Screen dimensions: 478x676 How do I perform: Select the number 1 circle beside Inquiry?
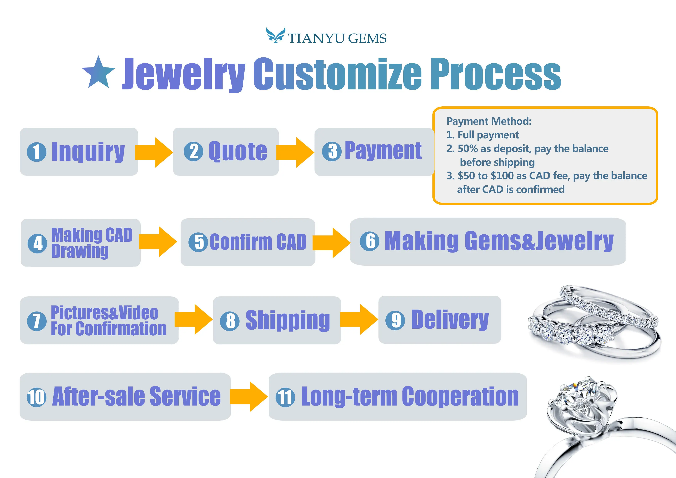[36, 152]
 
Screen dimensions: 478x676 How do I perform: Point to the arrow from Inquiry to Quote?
[154, 152]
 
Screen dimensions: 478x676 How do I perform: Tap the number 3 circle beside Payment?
[332, 151]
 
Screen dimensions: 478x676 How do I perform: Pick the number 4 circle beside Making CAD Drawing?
[37, 243]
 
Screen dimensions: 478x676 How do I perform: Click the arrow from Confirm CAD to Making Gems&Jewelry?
[331, 243]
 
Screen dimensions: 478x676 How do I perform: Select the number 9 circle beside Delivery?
[395, 320]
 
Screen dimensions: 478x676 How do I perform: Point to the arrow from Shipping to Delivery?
[359, 320]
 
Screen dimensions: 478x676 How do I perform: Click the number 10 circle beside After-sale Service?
[36, 397]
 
